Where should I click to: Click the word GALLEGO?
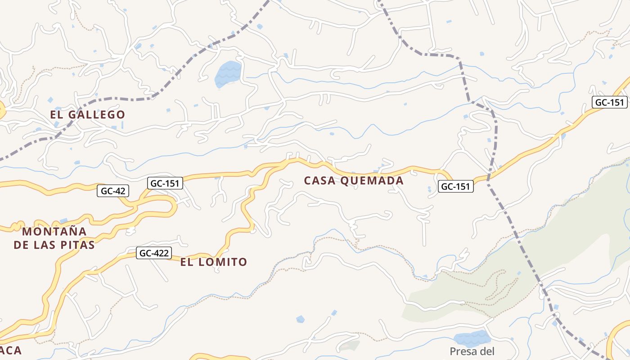[x=97, y=115]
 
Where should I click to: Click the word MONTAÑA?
[x=54, y=232]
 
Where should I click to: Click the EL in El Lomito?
[x=187, y=262]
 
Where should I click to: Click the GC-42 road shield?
[x=113, y=191]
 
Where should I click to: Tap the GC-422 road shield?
[x=154, y=253]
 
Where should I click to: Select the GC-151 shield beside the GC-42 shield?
[x=165, y=183]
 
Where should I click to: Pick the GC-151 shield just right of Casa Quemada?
[x=456, y=186]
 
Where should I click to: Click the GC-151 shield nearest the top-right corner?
[x=610, y=102]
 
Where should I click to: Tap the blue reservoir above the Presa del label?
[x=471, y=338]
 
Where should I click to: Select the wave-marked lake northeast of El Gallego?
[x=228, y=73]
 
